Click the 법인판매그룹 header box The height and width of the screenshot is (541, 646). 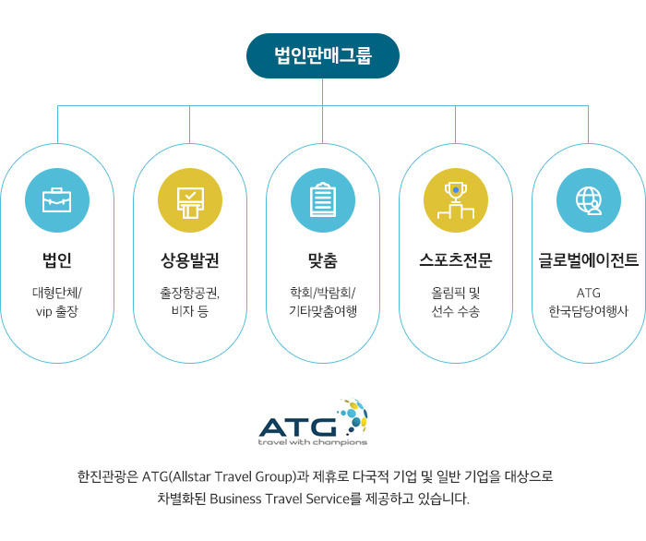(323, 55)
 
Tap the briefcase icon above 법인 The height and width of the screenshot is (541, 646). (57, 200)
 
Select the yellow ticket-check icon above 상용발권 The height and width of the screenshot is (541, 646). (190, 200)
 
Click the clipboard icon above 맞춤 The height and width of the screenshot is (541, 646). (323, 200)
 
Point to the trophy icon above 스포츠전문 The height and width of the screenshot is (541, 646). (456, 200)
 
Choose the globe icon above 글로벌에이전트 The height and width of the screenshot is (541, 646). (589, 200)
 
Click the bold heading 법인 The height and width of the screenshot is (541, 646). (57, 260)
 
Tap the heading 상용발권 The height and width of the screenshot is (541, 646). (190, 260)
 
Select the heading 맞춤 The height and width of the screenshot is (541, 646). (323, 260)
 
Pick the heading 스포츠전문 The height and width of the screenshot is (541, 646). (456, 260)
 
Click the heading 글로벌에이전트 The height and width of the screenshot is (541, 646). (589, 260)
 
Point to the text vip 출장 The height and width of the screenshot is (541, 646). (57, 311)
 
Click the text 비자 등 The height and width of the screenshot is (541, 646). (190, 311)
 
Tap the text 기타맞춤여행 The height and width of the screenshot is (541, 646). (323, 311)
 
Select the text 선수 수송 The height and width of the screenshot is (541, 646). (456, 311)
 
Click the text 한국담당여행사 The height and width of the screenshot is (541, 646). (589, 311)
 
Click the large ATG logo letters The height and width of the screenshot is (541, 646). (298, 427)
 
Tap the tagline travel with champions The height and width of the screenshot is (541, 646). (313, 442)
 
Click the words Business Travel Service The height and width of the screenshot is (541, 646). (280, 499)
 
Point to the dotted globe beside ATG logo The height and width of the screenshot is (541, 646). (353, 415)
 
